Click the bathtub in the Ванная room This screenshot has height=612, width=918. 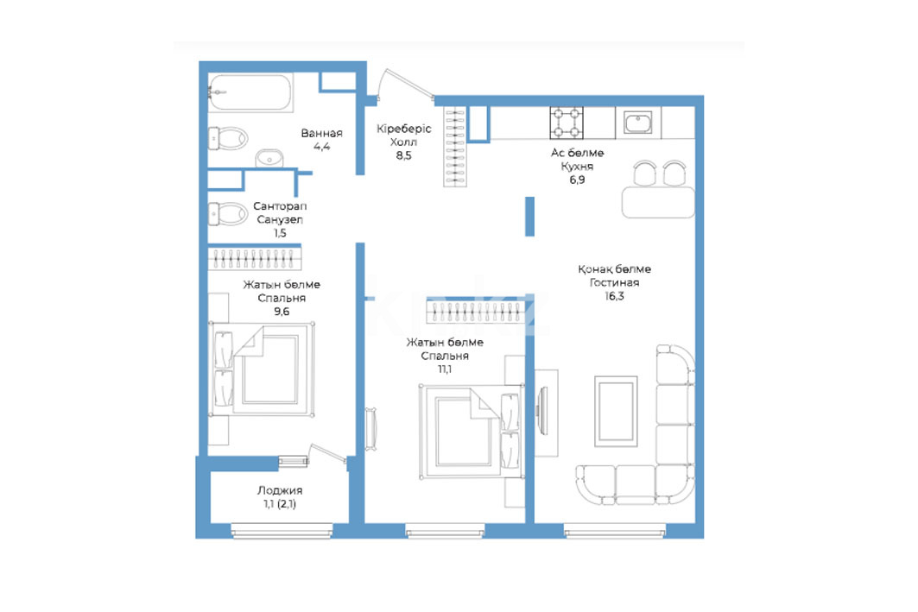[250, 92]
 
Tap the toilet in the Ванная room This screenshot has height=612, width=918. [228, 139]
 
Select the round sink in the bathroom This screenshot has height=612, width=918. [269, 158]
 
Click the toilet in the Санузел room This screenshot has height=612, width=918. [228, 213]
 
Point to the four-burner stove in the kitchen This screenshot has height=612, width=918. [567, 123]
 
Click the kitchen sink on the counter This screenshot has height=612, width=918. [637, 123]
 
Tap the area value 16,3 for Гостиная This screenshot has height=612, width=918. [614, 296]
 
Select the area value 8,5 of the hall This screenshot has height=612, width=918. [403, 155]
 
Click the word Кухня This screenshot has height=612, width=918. [577, 167]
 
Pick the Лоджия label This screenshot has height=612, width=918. [280, 490]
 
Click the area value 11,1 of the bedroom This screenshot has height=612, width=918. [445, 369]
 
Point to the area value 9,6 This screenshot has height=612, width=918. [282, 312]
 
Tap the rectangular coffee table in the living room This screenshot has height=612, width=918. [616, 412]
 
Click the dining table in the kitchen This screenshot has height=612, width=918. [658, 202]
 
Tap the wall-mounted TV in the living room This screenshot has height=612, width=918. [542, 411]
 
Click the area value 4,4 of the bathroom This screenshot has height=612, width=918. [321, 146]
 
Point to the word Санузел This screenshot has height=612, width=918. [280, 219]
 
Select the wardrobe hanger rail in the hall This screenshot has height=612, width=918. [455, 147]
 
